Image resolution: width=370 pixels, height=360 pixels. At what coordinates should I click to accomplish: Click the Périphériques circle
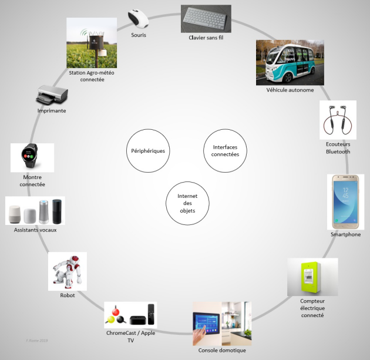[148, 151]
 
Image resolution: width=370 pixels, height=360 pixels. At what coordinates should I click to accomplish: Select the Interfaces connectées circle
[225, 151]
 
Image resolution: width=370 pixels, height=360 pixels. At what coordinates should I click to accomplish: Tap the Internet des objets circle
[187, 203]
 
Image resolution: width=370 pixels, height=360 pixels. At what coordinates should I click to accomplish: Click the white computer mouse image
[138, 18]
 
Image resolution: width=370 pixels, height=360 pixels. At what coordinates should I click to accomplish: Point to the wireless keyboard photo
[206, 19]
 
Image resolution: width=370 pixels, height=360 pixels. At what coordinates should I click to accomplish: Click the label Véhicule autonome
[290, 90]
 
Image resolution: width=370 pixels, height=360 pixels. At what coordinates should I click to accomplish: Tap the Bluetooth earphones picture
[338, 120]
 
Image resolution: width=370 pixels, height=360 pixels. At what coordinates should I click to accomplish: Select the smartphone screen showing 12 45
[345, 202]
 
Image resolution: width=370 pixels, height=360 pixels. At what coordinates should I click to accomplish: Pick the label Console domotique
[222, 351]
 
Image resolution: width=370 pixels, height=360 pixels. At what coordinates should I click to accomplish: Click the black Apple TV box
[138, 320]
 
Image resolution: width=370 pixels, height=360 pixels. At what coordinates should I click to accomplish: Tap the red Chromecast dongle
[115, 312]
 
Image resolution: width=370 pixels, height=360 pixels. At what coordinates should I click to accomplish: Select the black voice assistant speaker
[57, 211]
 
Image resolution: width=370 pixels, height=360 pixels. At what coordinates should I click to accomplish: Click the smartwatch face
[29, 155]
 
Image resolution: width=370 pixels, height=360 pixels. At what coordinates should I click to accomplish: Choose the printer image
[52, 95]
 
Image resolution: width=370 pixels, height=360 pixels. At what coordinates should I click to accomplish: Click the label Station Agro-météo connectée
[92, 76]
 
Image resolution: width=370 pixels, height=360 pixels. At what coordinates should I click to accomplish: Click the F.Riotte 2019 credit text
[37, 341]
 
